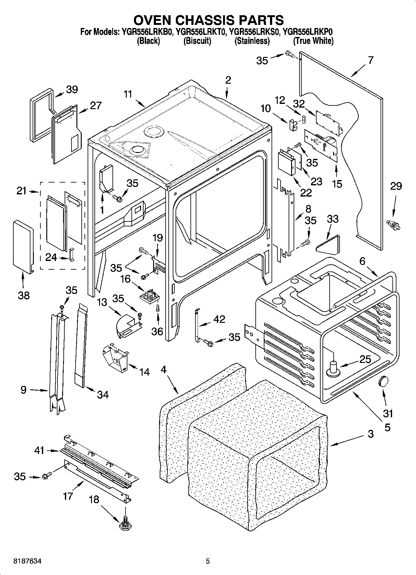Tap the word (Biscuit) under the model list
[197, 41]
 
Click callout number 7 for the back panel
[370, 60]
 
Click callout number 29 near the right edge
[396, 186]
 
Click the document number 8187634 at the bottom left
[28, 561]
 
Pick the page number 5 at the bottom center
[208, 561]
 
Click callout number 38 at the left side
[24, 295]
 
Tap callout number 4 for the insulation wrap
[164, 370]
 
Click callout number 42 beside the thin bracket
[219, 319]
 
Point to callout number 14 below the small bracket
[144, 372]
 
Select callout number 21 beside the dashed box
[21, 191]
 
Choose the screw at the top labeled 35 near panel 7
[289, 55]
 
